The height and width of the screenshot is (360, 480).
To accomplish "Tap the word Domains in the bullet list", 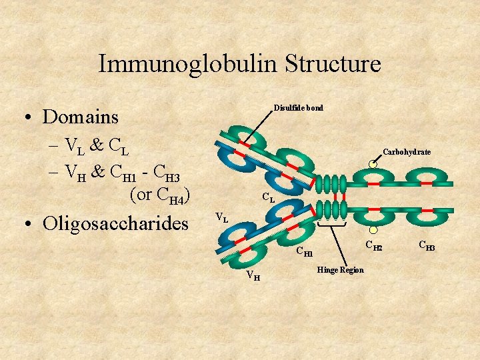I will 81,117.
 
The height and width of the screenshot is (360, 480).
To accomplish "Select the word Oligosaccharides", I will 115,223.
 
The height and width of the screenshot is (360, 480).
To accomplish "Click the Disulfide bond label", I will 298,108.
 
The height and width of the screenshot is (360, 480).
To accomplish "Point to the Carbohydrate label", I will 407,152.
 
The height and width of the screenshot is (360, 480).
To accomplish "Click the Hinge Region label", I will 341,270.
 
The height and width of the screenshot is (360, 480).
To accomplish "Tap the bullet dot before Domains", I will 24,118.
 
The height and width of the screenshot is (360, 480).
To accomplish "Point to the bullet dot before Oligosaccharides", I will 24,223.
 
